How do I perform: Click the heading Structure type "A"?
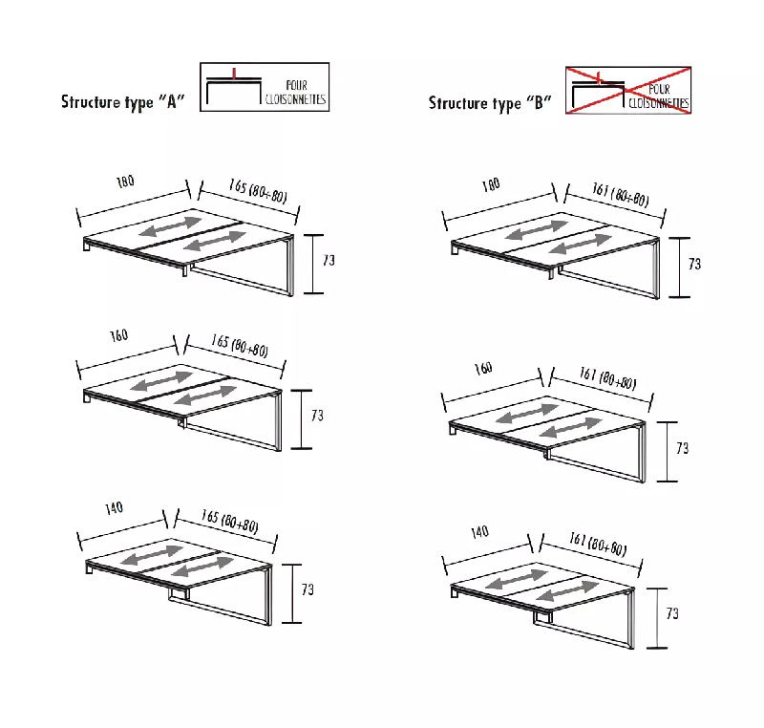click(x=123, y=102)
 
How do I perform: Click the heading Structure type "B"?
click(x=490, y=103)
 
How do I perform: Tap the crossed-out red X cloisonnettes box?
click(x=628, y=91)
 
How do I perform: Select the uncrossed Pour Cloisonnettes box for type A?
click(x=265, y=87)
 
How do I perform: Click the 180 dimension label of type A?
click(x=125, y=182)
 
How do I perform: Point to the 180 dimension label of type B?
click(x=491, y=184)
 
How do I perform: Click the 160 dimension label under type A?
click(x=118, y=335)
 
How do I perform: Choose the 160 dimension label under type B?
click(x=483, y=368)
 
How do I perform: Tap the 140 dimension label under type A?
click(x=114, y=508)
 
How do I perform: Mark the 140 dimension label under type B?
click(x=479, y=531)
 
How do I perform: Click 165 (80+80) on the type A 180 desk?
click(x=258, y=190)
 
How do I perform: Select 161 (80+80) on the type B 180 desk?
click(x=620, y=194)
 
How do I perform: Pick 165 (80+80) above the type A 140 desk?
click(x=229, y=522)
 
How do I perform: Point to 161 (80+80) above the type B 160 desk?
click(x=607, y=378)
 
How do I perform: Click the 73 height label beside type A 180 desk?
click(x=329, y=261)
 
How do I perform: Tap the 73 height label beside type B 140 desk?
click(x=672, y=613)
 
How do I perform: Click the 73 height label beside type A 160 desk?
click(x=317, y=416)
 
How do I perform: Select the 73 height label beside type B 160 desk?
click(x=682, y=448)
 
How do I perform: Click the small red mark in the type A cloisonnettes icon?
click(x=234, y=74)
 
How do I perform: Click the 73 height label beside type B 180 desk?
click(x=694, y=264)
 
